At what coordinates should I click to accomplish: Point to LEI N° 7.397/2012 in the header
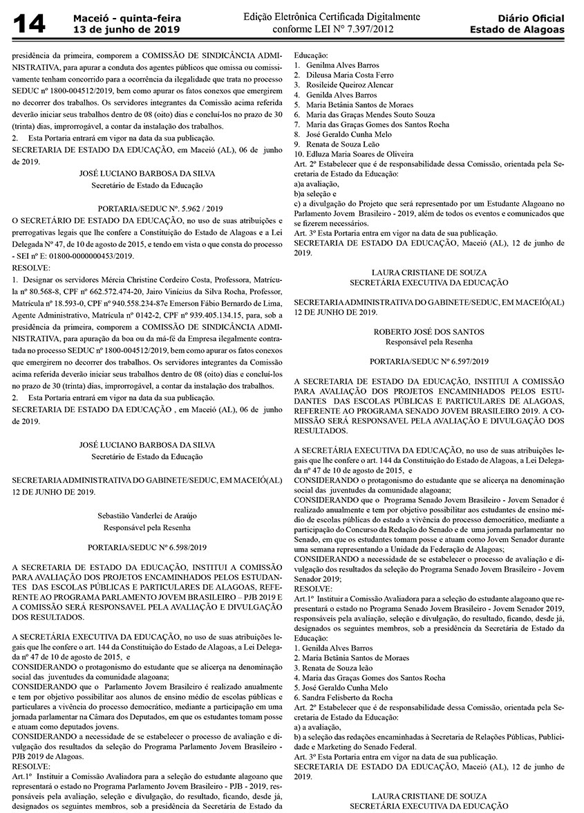(x=346, y=30)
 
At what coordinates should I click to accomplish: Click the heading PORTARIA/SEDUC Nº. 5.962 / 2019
(x=147, y=208)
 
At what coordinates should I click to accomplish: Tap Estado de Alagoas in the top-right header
(x=517, y=30)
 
